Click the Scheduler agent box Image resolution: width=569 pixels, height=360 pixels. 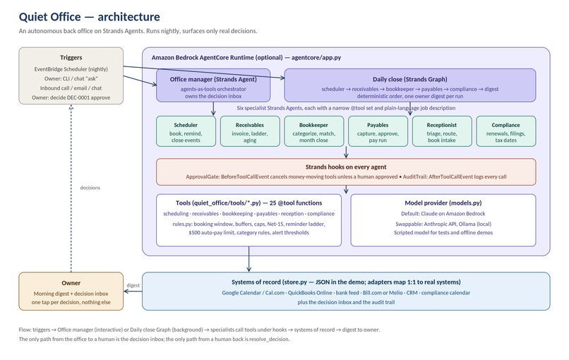[186, 131]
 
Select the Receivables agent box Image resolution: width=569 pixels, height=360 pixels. [250, 131]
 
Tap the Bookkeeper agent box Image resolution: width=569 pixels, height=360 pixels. [314, 131]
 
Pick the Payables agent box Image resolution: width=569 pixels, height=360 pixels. [378, 131]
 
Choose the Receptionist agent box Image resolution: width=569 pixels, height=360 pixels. [442, 131]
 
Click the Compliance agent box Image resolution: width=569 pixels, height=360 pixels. [506, 131]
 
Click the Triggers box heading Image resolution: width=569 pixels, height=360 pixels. [71, 57]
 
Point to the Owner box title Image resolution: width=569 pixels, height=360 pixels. [71, 283]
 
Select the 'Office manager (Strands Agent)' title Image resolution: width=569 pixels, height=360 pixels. [213, 79]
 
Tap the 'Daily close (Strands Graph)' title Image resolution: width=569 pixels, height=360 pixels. [410, 79]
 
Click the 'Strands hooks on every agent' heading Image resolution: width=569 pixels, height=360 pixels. [346, 167]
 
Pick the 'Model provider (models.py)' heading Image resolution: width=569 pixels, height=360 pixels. [443, 203]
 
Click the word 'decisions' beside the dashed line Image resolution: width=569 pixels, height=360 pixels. [90, 188]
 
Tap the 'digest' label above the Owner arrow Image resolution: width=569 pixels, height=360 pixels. [133, 285]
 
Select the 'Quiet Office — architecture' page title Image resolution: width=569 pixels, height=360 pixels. [89, 17]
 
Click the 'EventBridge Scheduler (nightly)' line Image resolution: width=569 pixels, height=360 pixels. [71, 69]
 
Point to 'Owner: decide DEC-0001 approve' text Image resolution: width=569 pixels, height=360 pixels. [71, 97]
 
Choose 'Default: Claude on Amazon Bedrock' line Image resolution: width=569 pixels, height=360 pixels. [443, 214]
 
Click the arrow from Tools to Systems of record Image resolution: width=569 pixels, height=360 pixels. [249, 259]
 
